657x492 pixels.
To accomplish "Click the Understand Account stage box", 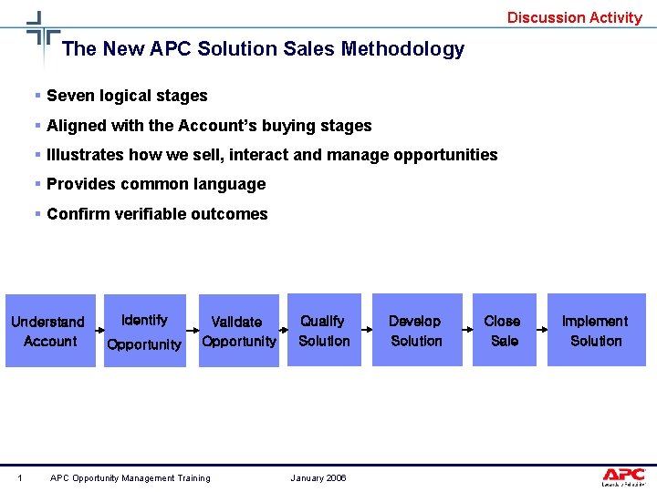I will coord(50,331).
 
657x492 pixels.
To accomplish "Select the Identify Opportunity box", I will coord(144,331).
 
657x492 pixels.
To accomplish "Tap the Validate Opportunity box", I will coord(238,331).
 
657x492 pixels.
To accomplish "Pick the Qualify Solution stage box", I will coord(324,330).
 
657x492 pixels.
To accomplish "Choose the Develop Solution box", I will coord(416,330).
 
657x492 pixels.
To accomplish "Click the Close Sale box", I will coord(503,330).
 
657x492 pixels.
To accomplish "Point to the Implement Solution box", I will coord(596,330).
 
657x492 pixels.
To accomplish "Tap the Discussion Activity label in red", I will coord(575,17).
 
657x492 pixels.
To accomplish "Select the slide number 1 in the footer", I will coord(20,478).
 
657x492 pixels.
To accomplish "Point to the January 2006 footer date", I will coord(318,478).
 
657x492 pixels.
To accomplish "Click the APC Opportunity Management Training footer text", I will coord(130,478).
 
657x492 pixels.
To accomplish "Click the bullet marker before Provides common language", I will coord(37,184).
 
